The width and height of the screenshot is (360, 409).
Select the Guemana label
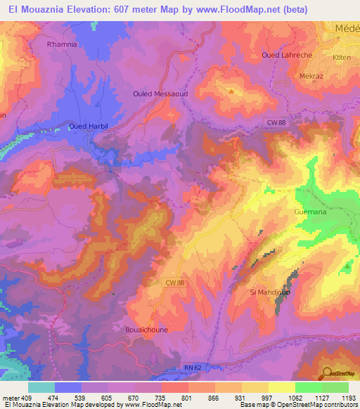click(307, 211)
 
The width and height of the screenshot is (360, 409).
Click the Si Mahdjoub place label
click(270, 292)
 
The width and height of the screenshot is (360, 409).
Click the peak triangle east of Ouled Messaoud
click(230, 91)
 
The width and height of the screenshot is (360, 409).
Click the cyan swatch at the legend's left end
click(41, 387)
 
